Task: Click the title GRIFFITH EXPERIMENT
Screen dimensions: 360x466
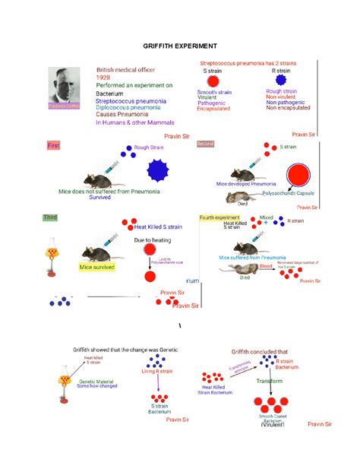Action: [x=180, y=46]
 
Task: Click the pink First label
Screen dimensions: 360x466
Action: [x=53, y=144]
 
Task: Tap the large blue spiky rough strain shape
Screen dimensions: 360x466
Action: [x=159, y=170]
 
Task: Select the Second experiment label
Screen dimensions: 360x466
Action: [x=206, y=144]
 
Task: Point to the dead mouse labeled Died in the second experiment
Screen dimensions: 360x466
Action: [x=238, y=197]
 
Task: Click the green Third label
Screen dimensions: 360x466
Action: [x=51, y=217]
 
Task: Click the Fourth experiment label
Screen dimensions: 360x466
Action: [x=219, y=217]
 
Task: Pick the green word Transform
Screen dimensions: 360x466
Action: [x=270, y=381]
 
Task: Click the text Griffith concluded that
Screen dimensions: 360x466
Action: [x=260, y=351]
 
